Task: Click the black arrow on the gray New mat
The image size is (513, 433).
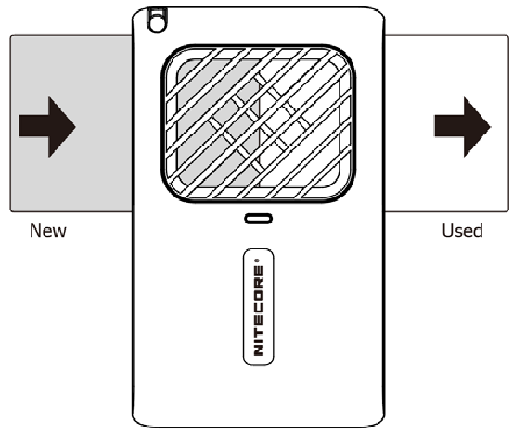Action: [x=47, y=127]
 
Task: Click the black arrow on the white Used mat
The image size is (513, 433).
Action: [x=462, y=127]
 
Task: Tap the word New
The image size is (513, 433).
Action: [x=48, y=231]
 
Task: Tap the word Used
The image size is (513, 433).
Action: [x=462, y=231]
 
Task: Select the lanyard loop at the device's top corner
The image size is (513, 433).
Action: [x=158, y=20]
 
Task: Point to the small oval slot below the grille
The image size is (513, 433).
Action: [x=259, y=219]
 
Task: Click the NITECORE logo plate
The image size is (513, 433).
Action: [x=259, y=306]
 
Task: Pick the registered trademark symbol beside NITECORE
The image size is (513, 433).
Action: [x=257, y=261]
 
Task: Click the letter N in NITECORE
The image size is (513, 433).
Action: [x=259, y=350]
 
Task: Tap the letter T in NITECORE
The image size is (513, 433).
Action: [x=259, y=329]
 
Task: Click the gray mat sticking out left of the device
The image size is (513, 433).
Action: [x=71, y=123]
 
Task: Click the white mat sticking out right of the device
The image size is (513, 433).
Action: [x=447, y=123]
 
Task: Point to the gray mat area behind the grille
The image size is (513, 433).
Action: [x=218, y=123]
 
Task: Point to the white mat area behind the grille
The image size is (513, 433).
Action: [x=300, y=123]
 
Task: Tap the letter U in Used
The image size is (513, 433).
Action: [x=447, y=231]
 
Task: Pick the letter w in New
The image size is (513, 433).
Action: [x=60, y=233]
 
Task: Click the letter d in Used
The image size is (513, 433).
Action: [x=478, y=231]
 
